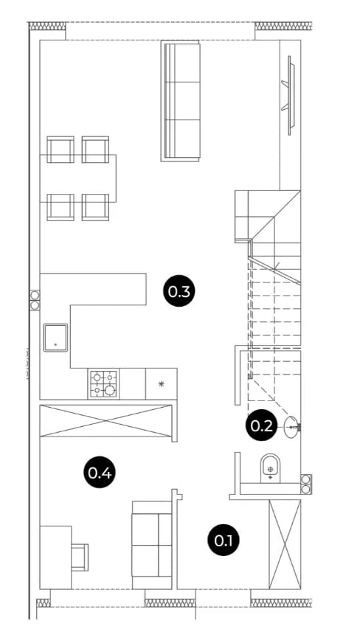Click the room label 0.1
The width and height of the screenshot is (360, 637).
click(224, 540)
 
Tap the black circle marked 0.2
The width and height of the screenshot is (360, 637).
click(261, 425)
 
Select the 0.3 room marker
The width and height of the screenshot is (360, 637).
click(179, 291)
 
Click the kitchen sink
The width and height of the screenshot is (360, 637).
click(55, 338)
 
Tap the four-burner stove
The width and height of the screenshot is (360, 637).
click(103, 384)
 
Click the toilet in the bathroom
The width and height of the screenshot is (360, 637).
click(270, 468)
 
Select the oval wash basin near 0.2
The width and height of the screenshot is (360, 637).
click(291, 428)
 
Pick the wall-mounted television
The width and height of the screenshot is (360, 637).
click(289, 95)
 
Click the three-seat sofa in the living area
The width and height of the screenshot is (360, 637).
click(181, 101)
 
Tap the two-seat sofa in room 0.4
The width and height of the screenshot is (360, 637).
click(152, 545)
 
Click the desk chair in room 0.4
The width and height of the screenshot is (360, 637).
click(80, 557)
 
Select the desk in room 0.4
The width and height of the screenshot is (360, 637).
click(55, 557)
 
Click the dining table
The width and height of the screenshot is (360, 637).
click(78, 178)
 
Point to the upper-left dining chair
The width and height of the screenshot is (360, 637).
click(60, 150)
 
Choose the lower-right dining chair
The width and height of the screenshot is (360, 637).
click(95, 207)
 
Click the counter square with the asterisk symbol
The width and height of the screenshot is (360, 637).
click(162, 384)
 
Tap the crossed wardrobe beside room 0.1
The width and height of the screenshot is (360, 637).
click(285, 544)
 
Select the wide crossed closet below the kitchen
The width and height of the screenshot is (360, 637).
click(106, 421)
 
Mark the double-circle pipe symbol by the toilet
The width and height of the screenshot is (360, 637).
click(306, 484)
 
